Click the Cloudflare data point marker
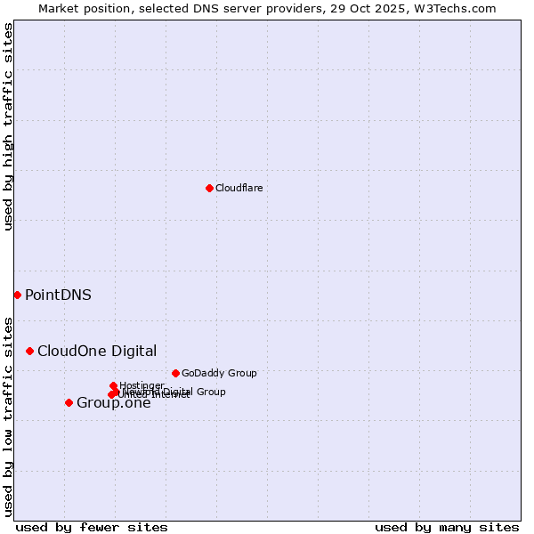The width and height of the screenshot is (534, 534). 209,188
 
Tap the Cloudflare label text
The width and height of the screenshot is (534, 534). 239,188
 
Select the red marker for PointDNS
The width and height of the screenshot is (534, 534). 17,295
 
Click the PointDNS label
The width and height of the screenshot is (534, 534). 58,295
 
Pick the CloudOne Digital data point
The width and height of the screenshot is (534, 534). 29,351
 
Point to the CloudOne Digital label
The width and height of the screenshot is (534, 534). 97,351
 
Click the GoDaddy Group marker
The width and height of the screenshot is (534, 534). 175,373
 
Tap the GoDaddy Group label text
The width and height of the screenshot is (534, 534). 219,373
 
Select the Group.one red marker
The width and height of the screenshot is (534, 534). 69,402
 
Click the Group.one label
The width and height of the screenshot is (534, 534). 114,403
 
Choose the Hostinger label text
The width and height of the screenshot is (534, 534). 142,385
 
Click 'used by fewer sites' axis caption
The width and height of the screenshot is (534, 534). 92,527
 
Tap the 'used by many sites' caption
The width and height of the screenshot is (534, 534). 447,527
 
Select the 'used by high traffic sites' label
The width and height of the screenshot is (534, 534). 8,126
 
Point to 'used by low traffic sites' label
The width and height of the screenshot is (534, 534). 8,416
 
